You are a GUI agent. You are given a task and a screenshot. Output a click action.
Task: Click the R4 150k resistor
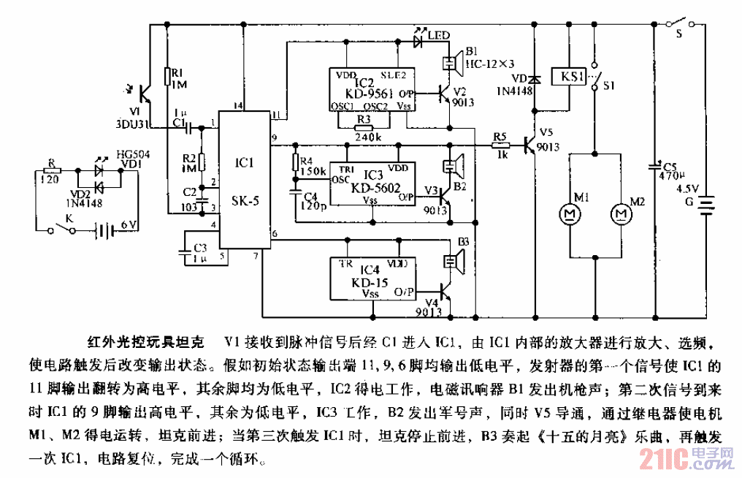click(x=296, y=163)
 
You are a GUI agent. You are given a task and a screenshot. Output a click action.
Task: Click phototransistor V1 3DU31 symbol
click(x=147, y=94)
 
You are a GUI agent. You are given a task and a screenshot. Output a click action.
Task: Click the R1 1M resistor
click(x=167, y=76)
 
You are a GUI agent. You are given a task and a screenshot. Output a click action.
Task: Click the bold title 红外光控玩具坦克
click(x=146, y=341)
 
